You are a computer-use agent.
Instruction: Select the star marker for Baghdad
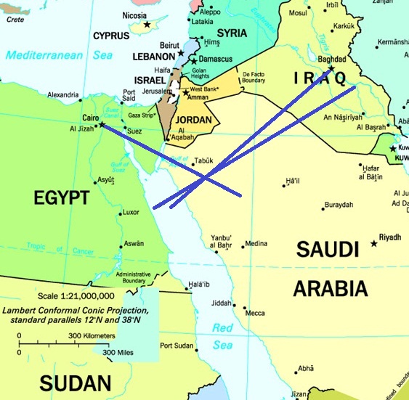click(331, 69)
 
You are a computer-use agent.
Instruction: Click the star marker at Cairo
click(101, 124)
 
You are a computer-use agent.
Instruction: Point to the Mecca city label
click(255, 313)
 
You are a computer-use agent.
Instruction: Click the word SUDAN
click(76, 383)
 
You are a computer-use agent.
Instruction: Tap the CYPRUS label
click(111, 36)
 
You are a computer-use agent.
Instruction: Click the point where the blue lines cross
click(206, 177)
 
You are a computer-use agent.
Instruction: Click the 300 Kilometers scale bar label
click(92, 335)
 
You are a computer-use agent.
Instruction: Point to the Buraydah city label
click(339, 205)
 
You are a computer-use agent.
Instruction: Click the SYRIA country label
click(232, 33)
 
